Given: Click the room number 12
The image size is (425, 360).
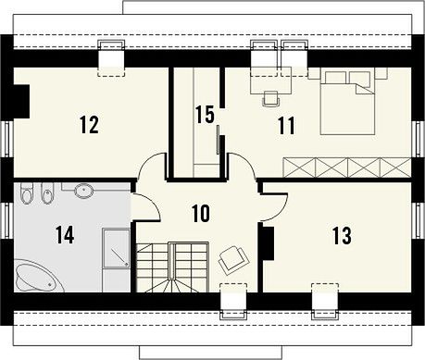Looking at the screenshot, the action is tap(90, 124).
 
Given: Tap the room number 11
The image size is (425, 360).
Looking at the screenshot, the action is tap(287, 126).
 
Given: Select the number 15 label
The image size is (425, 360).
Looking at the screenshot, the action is tap(205, 115).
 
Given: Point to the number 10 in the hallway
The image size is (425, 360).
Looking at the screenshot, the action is tap(201, 213).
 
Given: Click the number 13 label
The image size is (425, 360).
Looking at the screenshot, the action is tap(343, 235).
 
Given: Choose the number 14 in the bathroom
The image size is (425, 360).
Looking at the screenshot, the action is tap(65, 234).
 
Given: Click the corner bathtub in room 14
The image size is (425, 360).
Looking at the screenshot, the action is tap(38, 276).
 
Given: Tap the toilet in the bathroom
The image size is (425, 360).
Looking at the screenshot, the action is tap(27, 192).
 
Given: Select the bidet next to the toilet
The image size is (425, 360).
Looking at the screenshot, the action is tap(47, 192).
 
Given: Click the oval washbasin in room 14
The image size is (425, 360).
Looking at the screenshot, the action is tap(83, 191).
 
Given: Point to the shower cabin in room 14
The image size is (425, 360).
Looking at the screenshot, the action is tap(116, 248).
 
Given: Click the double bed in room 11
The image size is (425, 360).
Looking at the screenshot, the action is tap(347, 103).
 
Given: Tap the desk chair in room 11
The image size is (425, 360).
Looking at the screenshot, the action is tap(271, 99).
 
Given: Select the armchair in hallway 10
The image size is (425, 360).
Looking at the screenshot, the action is tap(233, 260).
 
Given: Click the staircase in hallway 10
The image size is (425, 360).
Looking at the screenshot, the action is tap(172, 267).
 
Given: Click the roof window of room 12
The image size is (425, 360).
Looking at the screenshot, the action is tap(111, 58).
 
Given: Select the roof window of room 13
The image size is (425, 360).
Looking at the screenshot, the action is tap(325, 301).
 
